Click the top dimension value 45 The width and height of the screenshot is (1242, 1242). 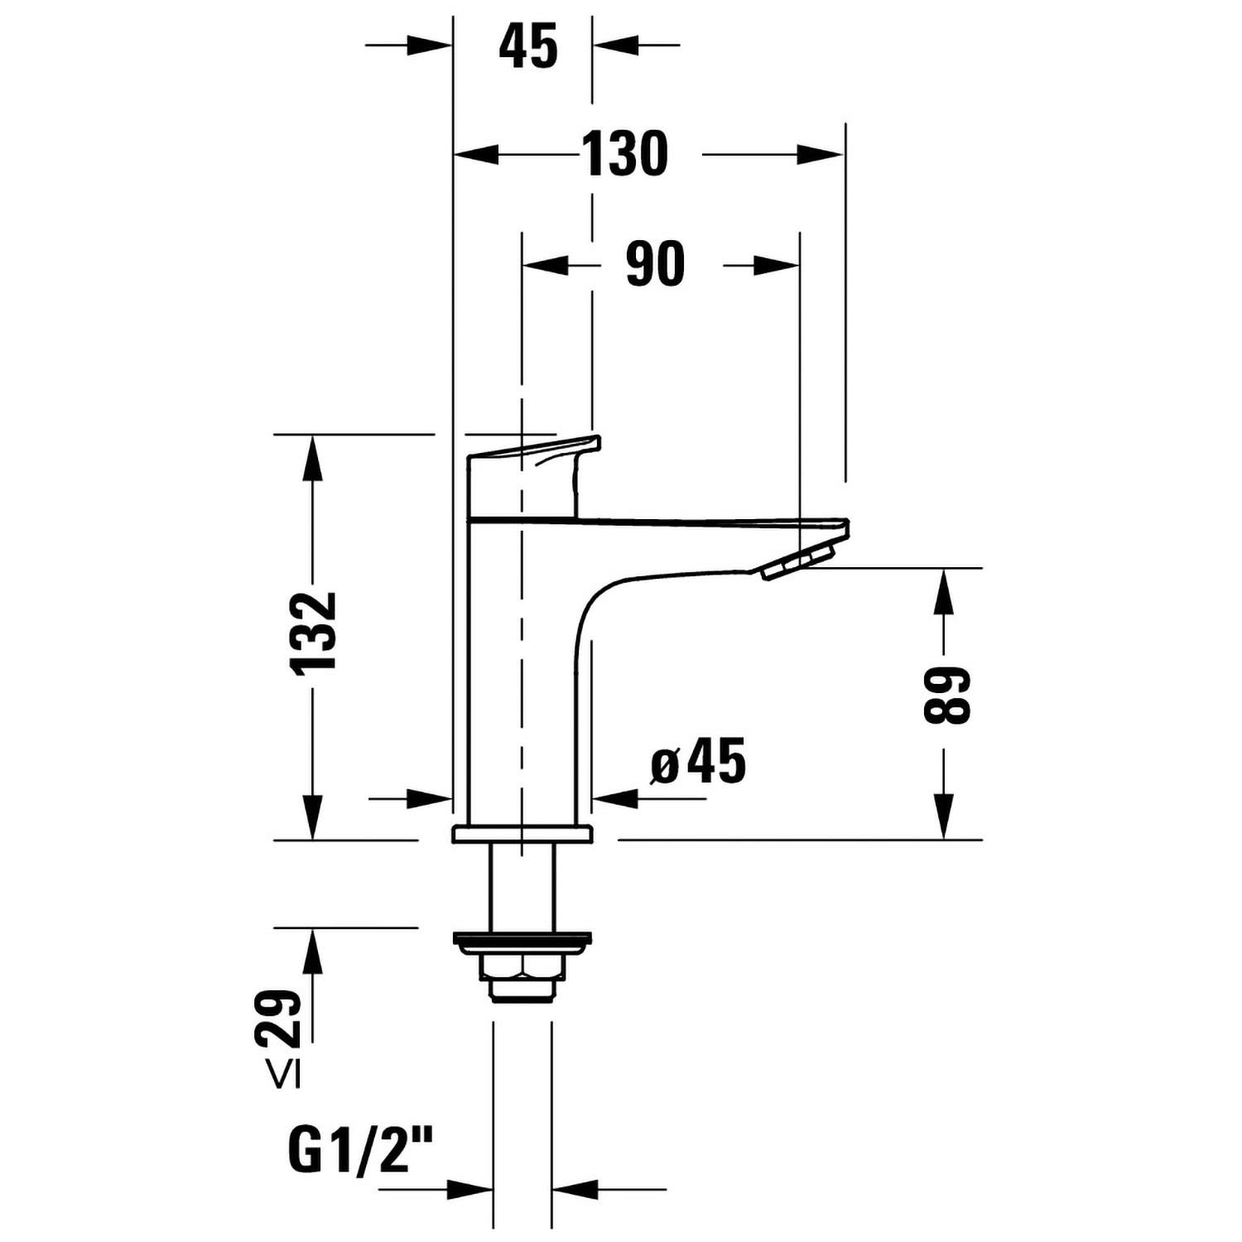(528, 46)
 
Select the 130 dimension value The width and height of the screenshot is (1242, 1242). (624, 154)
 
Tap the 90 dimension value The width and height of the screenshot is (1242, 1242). (655, 264)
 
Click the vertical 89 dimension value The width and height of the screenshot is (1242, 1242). (946, 696)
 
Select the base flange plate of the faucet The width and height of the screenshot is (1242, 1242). (522, 834)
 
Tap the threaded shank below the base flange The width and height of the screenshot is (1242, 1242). (522, 887)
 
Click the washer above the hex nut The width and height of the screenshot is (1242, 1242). (522, 940)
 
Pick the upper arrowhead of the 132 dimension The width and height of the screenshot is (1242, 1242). (312, 457)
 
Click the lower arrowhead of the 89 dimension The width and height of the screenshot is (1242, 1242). (943, 816)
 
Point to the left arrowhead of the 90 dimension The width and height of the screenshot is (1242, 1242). (546, 265)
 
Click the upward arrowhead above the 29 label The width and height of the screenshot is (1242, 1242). (312, 950)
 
